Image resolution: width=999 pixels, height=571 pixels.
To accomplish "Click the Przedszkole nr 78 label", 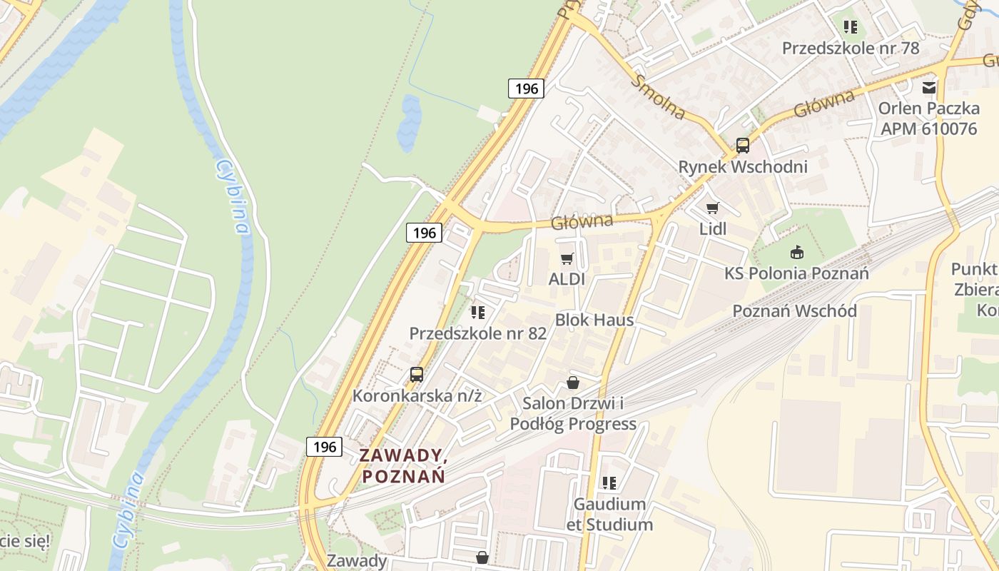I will (851, 49).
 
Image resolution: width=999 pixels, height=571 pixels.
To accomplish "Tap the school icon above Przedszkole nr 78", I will (850, 27).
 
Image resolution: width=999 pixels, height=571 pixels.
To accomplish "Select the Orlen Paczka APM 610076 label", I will (928, 118).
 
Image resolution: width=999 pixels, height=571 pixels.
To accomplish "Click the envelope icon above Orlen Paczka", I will (928, 88).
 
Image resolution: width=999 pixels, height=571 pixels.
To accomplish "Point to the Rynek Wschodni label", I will (742, 167).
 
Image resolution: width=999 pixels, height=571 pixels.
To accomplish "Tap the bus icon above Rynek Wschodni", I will (742, 146).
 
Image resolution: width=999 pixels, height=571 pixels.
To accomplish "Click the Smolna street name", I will (658, 96).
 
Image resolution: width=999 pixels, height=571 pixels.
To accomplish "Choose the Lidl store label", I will (712, 229).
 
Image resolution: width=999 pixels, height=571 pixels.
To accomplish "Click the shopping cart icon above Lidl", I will (712, 208).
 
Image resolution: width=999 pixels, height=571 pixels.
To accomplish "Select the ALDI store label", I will (567, 279).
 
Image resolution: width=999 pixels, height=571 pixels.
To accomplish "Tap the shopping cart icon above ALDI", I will (567, 258).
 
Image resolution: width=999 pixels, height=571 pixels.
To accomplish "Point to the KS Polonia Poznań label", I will (796, 273).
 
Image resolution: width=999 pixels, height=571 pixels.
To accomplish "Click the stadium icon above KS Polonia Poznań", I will (796, 252).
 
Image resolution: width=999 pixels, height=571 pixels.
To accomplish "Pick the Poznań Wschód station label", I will (794, 311).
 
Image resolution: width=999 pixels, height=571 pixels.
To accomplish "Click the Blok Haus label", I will (594, 320).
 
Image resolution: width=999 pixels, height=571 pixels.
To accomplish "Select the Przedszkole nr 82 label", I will (477, 333).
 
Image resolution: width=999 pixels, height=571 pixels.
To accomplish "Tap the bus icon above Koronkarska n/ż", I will (416, 374).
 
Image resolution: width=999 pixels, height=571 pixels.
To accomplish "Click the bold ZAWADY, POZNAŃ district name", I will (403, 465).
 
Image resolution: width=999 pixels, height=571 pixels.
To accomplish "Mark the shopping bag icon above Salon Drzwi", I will (572, 383).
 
